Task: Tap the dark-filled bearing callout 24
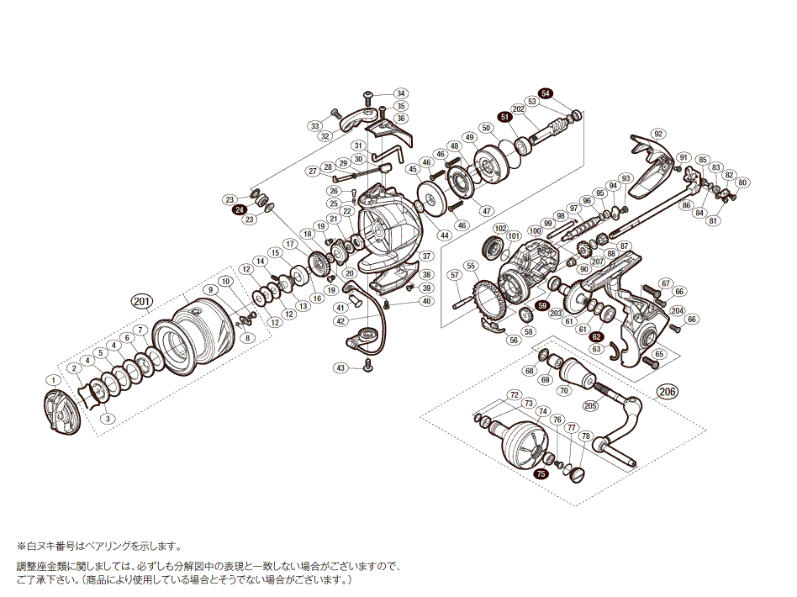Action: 240,210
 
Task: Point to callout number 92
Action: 657,134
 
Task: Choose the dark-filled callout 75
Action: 541,473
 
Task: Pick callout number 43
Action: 340,367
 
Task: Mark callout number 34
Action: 400,93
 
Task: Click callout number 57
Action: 455,275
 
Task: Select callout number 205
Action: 589,405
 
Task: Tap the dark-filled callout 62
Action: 596,336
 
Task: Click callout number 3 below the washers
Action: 107,418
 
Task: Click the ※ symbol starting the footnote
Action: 20,546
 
